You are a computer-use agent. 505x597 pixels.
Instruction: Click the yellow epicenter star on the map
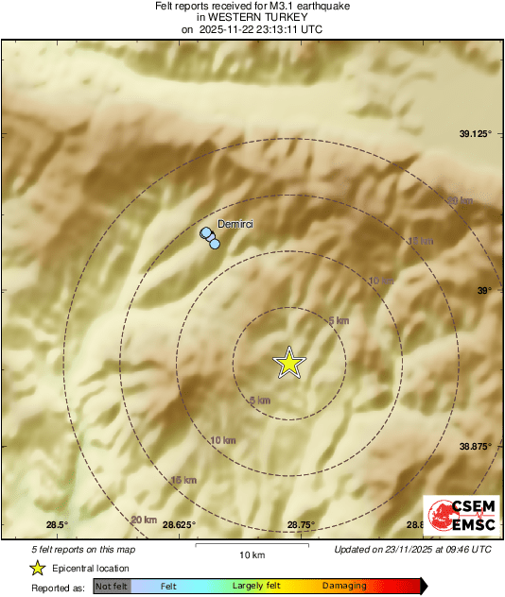[290, 363]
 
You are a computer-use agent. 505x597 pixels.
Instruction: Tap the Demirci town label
[236, 223]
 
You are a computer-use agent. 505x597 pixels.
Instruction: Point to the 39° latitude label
[484, 290]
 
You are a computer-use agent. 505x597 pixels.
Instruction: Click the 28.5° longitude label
[58, 524]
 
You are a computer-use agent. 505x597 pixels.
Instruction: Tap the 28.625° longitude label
[179, 524]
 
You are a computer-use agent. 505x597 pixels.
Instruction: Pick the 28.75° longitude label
[301, 524]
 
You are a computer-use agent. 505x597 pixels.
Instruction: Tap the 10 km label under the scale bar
[252, 554]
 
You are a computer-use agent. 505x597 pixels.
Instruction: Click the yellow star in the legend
[37, 568]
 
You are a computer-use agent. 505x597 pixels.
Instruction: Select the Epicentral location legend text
[91, 569]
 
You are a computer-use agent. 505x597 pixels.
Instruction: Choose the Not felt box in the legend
[112, 587]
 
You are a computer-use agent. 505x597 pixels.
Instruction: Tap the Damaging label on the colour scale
[344, 587]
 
